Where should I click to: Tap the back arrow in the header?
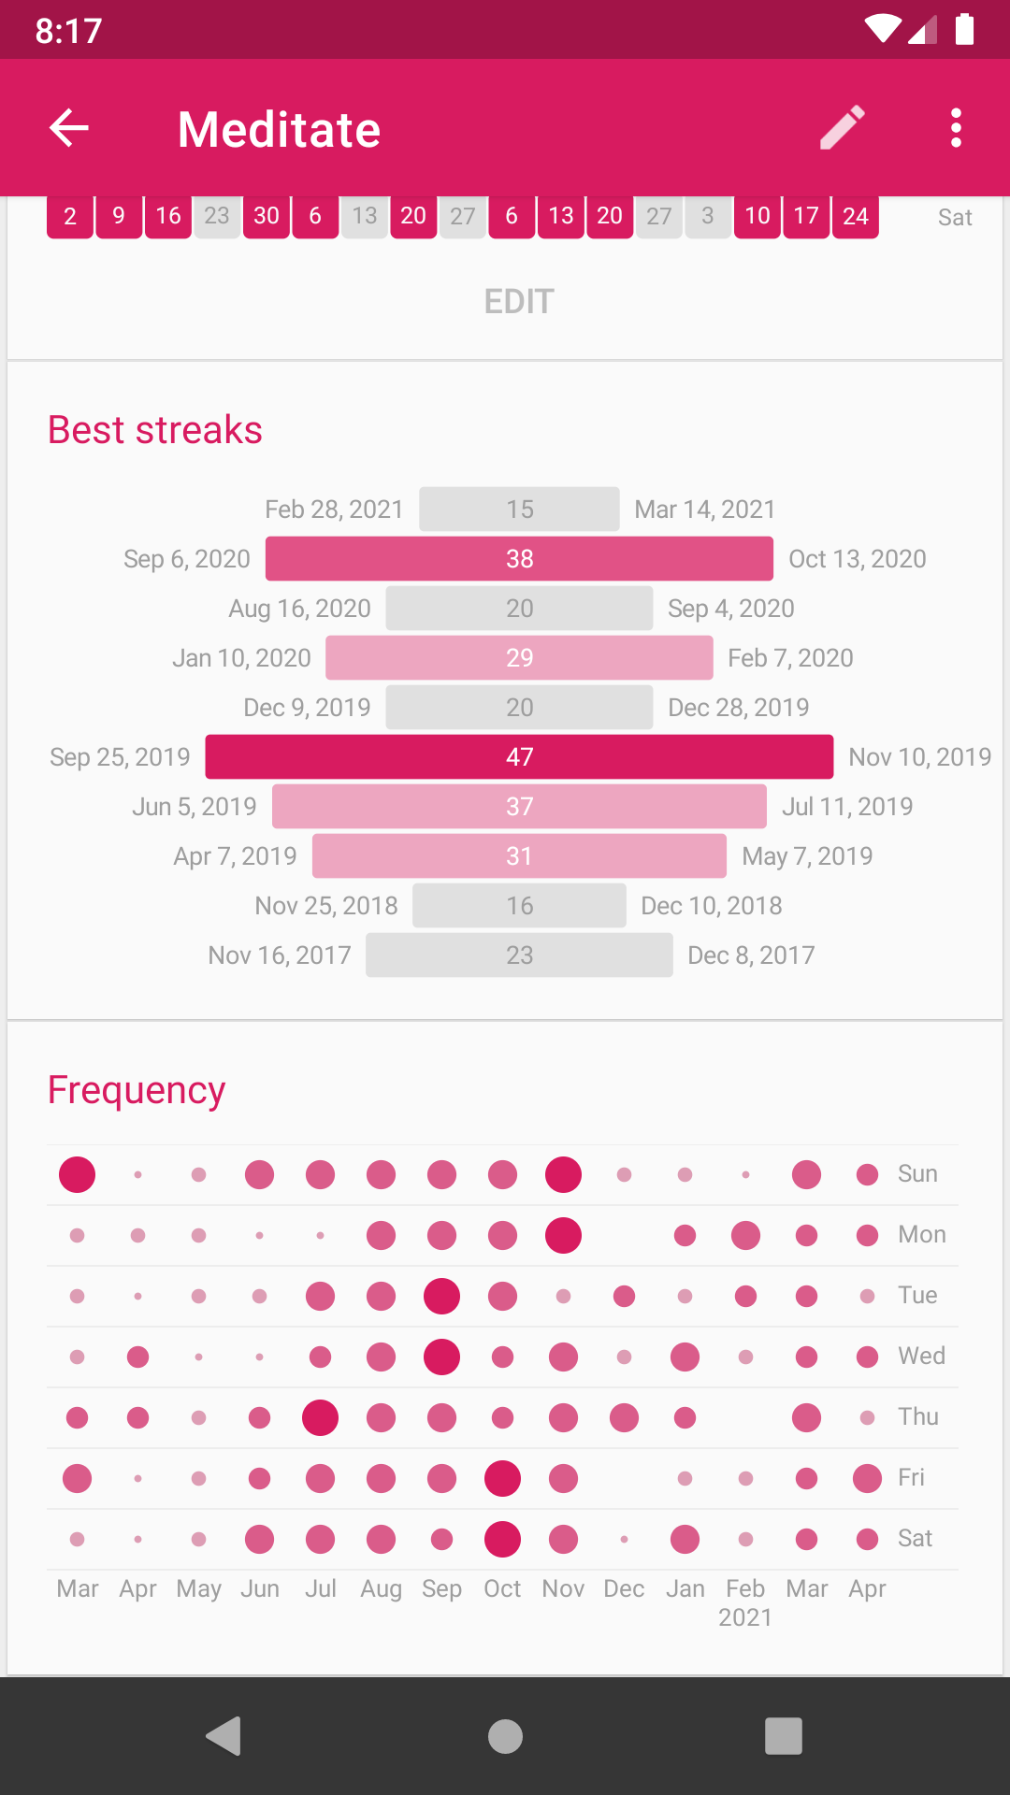pos(69,128)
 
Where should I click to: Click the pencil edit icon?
pos(843,128)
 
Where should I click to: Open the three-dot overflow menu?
pos(955,128)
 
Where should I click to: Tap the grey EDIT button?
pos(519,302)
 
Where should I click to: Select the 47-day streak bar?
pos(519,757)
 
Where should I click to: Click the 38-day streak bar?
pos(519,559)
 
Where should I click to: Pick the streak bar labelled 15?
pos(519,510)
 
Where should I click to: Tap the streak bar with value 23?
pos(519,955)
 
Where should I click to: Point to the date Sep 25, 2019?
pos(120,757)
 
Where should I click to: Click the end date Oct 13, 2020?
pos(858,559)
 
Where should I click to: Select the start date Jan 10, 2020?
pos(241,658)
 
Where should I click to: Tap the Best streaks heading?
pos(155,430)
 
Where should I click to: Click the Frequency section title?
pos(137,1090)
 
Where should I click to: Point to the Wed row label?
pos(921,1357)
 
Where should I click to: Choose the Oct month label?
pos(502,1588)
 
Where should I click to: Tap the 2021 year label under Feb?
pos(745,1618)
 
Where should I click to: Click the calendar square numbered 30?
pos(267,217)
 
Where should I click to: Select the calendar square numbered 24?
pos(856,217)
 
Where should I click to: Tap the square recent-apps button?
pos(784,1736)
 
